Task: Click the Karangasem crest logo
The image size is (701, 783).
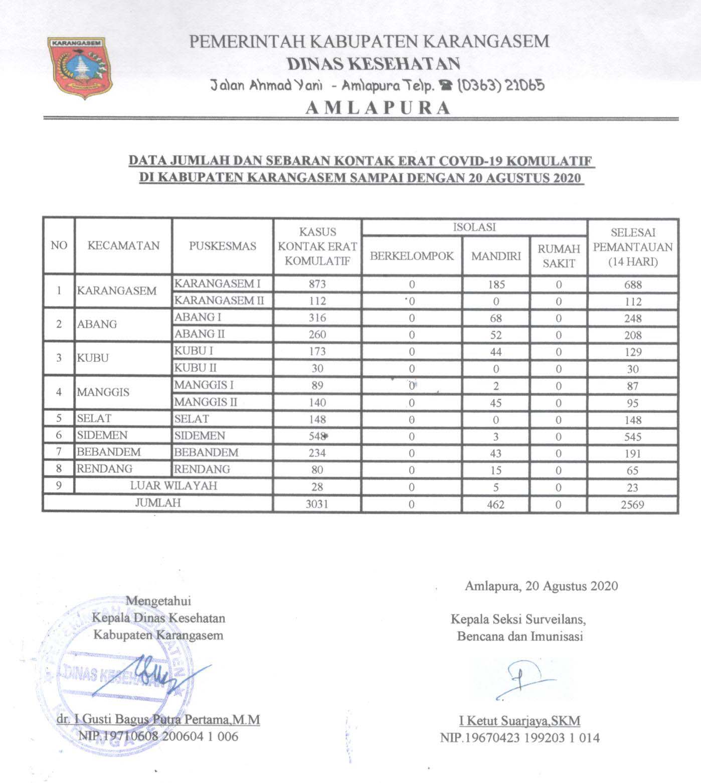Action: pyautogui.click(x=80, y=68)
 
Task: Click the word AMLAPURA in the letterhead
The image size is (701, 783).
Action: pyautogui.click(x=378, y=108)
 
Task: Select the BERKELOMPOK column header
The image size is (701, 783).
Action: pyautogui.click(x=412, y=256)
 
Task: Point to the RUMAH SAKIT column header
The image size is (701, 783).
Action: pyautogui.click(x=559, y=255)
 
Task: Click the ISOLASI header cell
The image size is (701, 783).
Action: pyautogui.click(x=474, y=227)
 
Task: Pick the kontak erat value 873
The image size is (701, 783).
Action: pyautogui.click(x=317, y=284)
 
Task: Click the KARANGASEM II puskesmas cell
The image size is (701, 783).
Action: pyautogui.click(x=219, y=301)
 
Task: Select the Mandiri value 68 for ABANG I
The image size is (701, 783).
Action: pyautogui.click(x=495, y=318)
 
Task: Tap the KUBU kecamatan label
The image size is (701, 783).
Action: pyautogui.click(x=93, y=358)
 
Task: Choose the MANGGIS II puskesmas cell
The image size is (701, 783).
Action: pyautogui.click(x=206, y=402)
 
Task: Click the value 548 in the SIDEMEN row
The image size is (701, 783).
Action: pyautogui.click(x=317, y=436)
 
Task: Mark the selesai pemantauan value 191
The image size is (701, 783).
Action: pyautogui.click(x=633, y=453)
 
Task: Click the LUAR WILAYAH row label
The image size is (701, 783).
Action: pyautogui.click(x=173, y=485)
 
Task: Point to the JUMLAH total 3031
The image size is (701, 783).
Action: pyautogui.click(x=317, y=503)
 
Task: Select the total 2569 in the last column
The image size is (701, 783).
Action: pyautogui.click(x=632, y=504)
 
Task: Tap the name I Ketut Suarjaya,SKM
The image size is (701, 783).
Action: pyautogui.click(x=520, y=720)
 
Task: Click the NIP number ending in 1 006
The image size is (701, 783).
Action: pyautogui.click(x=158, y=736)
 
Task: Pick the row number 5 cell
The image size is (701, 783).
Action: pyautogui.click(x=59, y=418)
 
